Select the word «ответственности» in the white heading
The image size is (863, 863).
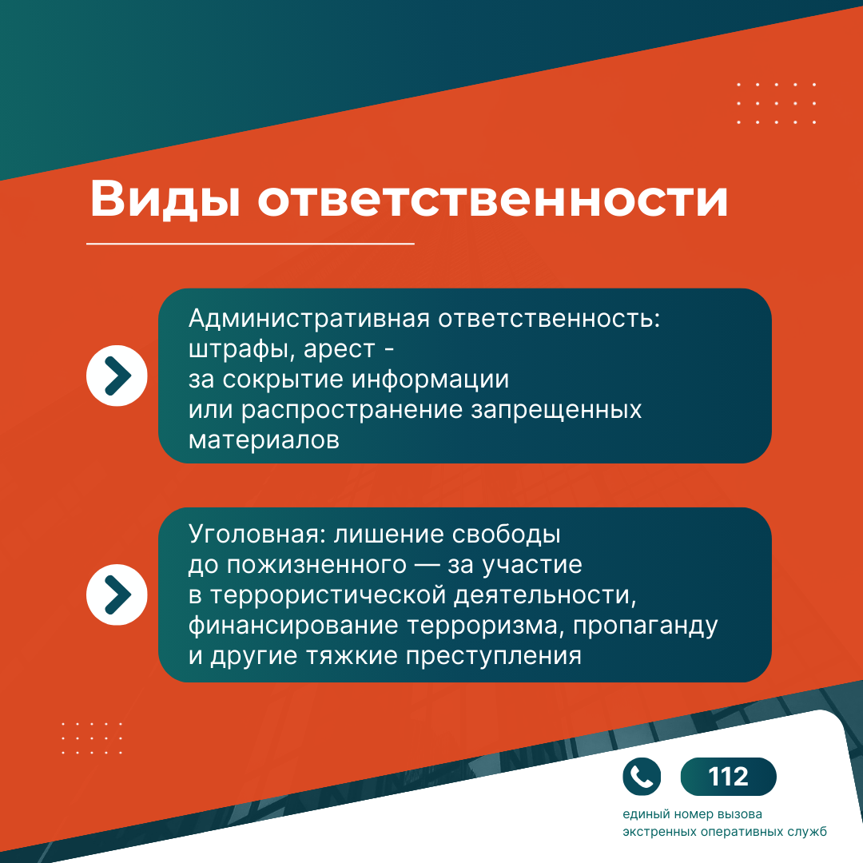point(492,199)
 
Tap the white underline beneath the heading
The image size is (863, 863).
point(250,243)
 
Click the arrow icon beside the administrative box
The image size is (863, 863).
point(117,376)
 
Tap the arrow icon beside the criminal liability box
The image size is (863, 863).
point(117,595)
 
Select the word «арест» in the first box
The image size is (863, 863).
point(339,349)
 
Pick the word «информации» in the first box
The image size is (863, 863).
point(430,380)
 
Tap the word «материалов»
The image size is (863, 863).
point(264,440)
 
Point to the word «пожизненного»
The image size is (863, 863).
point(316,565)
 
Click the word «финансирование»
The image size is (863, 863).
point(292,626)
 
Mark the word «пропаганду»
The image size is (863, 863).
point(645,626)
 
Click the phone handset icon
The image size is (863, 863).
point(641,777)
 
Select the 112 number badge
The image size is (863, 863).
point(728,777)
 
